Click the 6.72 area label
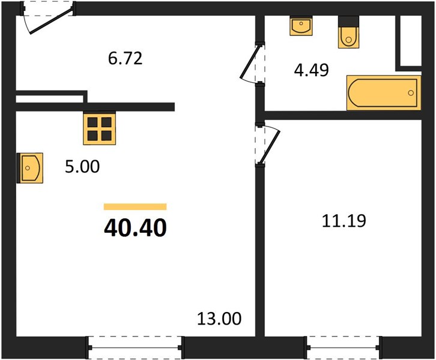click(x=125, y=59)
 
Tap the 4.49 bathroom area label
click(x=312, y=70)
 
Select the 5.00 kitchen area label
click(x=82, y=167)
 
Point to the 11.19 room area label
click(x=344, y=221)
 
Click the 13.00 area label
click(x=219, y=319)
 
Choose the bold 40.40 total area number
click(x=135, y=227)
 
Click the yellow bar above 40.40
click(x=135, y=206)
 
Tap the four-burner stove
click(x=99, y=128)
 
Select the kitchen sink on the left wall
click(x=30, y=168)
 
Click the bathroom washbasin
click(x=301, y=26)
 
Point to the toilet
click(x=348, y=32)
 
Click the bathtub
click(x=384, y=93)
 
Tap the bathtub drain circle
click(x=411, y=93)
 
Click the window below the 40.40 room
click(x=135, y=347)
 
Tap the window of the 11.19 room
click(x=343, y=347)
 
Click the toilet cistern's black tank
click(x=348, y=21)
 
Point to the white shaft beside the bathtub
click(x=410, y=41)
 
